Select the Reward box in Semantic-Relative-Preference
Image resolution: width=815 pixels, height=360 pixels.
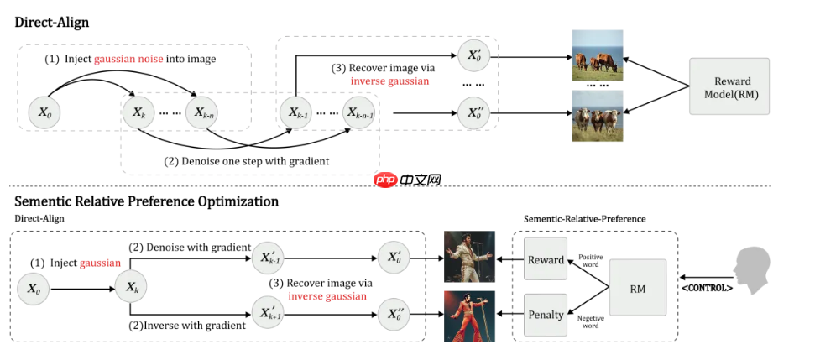546,259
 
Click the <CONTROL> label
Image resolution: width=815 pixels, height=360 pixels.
707,289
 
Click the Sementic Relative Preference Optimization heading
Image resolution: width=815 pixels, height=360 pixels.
146,201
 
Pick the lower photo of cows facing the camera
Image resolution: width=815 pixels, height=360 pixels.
597,117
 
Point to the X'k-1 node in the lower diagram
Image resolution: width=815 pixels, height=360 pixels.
268,257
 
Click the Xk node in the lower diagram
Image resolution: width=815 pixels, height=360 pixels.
131,287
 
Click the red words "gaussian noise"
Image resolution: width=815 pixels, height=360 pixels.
128,59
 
